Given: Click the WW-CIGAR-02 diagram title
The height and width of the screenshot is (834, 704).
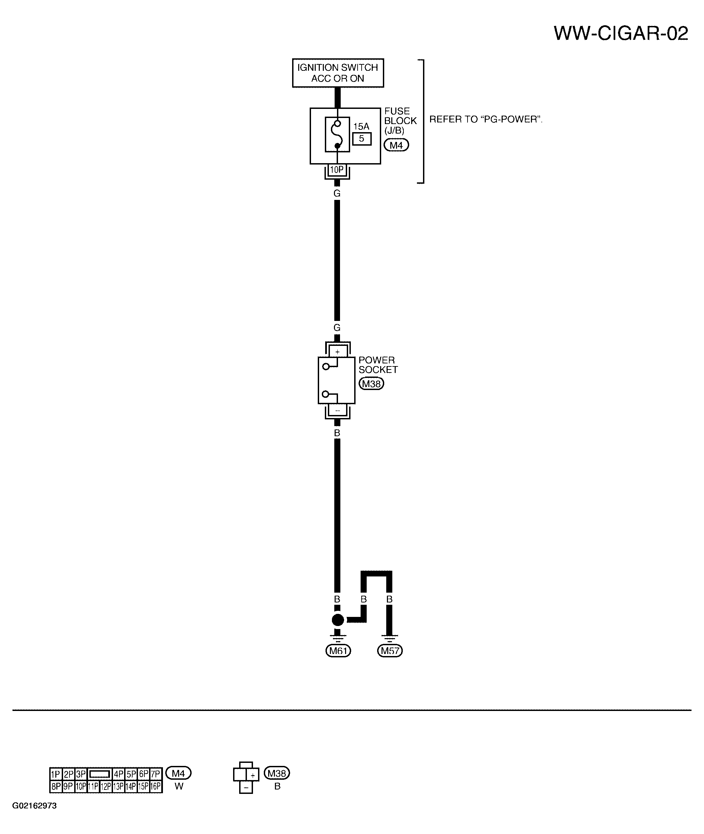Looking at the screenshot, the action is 621,33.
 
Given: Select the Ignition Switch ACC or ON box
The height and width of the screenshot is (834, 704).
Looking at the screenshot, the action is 338,73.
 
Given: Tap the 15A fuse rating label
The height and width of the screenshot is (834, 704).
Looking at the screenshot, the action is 361,126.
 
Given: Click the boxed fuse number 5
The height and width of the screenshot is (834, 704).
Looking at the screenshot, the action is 362,139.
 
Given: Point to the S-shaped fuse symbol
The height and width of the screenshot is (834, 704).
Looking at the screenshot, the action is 338,135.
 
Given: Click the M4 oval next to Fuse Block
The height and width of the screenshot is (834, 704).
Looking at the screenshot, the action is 396,145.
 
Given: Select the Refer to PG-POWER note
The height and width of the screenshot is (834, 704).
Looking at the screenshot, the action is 486,119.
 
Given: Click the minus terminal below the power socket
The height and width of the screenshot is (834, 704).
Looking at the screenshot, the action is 338,410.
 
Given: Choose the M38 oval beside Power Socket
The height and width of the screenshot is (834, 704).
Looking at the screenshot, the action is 371,384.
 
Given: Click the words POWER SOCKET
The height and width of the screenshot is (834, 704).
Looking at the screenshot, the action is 378,365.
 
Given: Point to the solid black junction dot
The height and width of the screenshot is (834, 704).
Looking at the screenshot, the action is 338,620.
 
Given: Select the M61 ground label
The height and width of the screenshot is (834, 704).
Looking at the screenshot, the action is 338,651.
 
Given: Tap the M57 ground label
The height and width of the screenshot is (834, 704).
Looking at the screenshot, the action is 390,651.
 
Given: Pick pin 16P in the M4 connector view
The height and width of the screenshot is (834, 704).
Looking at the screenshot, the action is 156,786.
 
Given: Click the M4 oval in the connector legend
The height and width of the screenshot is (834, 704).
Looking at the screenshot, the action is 178,773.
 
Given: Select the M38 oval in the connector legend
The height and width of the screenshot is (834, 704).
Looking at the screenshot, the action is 277,773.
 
